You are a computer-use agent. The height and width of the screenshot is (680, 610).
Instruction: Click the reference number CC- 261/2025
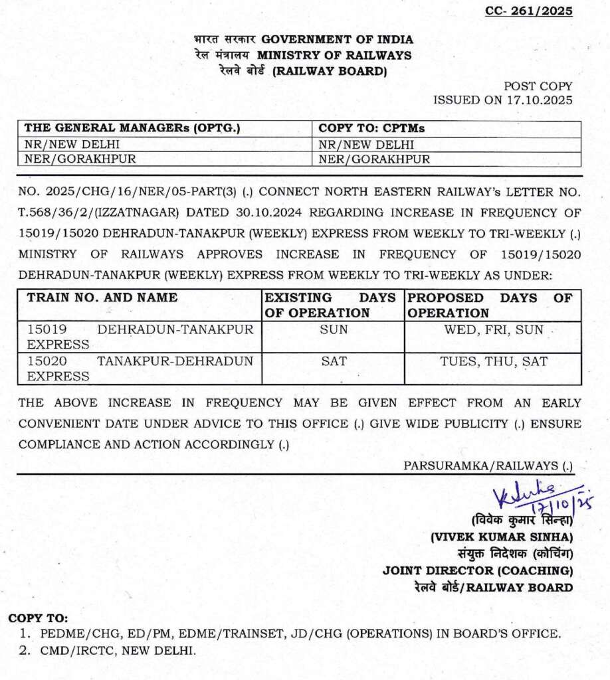(529, 11)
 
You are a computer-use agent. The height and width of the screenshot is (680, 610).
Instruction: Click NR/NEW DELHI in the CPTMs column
(366, 145)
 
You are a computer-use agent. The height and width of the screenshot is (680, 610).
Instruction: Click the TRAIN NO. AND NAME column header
(102, 298)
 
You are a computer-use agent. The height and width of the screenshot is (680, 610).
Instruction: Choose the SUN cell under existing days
(334, 329)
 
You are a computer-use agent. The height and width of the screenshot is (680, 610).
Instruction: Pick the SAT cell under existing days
(334, 361)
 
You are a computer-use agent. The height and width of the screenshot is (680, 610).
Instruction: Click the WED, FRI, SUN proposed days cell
(492, 329)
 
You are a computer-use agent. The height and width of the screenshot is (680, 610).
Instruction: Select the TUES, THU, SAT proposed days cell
(492, 361)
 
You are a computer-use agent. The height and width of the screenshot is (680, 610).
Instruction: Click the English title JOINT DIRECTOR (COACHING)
(477, 570)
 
